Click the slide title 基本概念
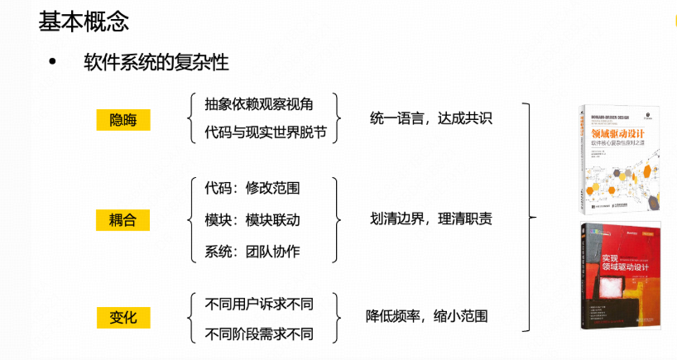pyautogui.click(x=84, y=21)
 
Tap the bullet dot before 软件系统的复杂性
pyautogui.click(x=55, y=63)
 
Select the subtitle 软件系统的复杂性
pyautogui.click(x=156, y=63)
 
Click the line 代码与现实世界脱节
pyautogui.click(x=264, y=132)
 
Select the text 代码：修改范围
pyautogui.click(x=252, y=188)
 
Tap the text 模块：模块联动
pyautogui.click(x=252, y=219)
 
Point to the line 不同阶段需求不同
pyautogui.click(x=259, y=334)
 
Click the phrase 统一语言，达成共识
pyautogui.click(x=431, y=118)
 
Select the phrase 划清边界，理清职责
pyautogui.click(x=431, y=219)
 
